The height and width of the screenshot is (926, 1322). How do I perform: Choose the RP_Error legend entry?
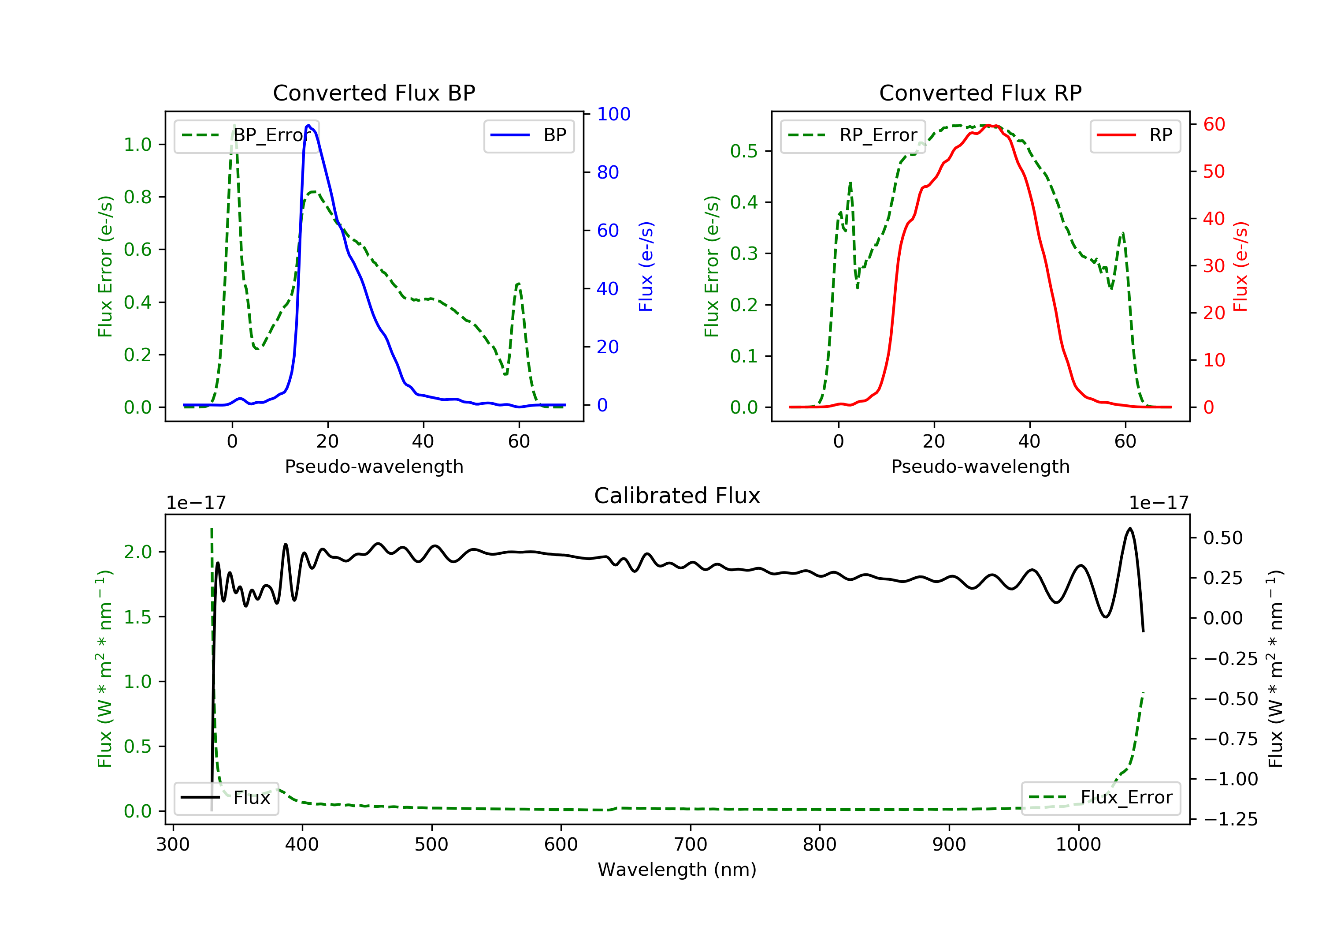853,135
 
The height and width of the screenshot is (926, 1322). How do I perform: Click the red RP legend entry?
1135,135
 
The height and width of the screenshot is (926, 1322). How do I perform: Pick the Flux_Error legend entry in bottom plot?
1100,798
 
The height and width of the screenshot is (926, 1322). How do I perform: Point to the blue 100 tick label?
613,114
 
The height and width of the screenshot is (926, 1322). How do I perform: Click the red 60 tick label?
1214,124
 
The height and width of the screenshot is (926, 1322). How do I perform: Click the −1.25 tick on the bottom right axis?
1230,819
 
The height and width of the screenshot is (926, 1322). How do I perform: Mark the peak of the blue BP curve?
308,125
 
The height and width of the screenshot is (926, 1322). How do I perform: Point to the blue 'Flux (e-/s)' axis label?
646,266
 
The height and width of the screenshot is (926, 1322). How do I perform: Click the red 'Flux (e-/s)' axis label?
1240,266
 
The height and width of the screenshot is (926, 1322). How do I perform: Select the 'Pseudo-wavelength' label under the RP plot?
980,467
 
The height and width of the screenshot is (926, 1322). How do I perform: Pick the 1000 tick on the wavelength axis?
1078,845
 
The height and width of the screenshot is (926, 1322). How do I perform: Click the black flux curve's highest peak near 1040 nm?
1130,528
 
